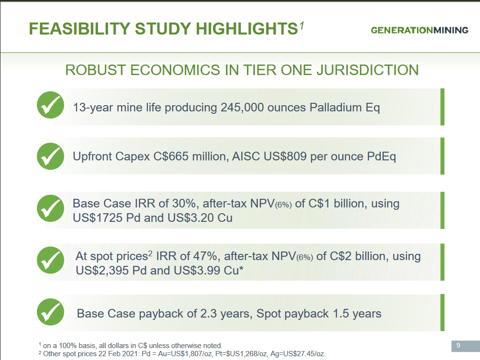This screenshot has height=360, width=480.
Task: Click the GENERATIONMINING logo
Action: click(419, 30)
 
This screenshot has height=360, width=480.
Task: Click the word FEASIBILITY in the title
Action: click(79, 29)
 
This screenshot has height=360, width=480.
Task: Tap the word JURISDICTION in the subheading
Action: click(368, 70)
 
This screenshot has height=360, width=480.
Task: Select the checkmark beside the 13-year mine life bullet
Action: click(51, 105)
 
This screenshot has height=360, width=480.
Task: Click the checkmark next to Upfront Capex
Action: click(51, 156)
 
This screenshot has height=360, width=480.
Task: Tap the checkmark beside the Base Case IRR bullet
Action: click(51, 208)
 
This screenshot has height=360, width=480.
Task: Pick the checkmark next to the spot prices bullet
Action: click(51, 260)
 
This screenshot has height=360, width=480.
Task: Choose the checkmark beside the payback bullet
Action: click(51, 312)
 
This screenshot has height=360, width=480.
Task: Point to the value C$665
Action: click(171, 157)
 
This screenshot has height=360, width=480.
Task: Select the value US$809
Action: click(285, 157)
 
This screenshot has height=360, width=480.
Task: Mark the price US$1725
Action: click(98, 218)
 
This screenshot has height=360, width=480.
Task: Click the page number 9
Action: click(458, 345)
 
